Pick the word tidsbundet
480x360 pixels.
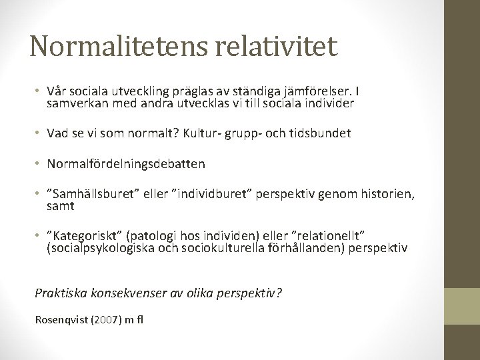320,133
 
